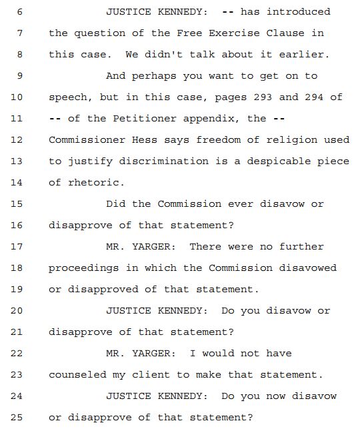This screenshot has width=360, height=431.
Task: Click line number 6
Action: click(x=19, y=12)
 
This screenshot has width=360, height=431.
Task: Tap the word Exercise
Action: click(x=234, y=33)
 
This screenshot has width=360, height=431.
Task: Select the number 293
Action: click(x=263, y=97)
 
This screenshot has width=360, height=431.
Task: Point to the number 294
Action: click(x=314, y=97)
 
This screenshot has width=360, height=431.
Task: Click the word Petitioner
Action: click(x=145, y=119)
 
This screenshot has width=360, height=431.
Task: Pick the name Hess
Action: click(x=145, y=140)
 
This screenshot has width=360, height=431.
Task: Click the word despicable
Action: click(x=279, y=161)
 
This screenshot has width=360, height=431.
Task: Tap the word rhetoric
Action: click(x=93, y=183)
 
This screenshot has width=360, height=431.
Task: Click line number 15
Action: click(x=17, y=204)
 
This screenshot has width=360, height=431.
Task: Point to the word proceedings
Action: click(x=84, y=269)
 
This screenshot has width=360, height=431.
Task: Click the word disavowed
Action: click(x=307, y=268)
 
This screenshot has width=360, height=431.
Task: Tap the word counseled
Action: click(x=77, y=375)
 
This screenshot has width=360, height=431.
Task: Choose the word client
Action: click(x=151, y=375)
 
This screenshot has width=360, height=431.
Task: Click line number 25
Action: click(x=17, y=418)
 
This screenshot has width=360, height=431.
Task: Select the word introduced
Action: click(x=298, y=12)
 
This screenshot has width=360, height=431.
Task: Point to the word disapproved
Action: click(x=103, y=290)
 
